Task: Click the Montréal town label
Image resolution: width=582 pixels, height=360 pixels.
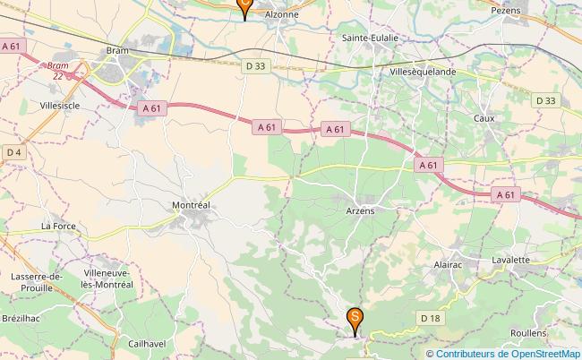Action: click(x=190, y=205)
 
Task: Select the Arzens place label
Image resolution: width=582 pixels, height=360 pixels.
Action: click(x=359, y=210)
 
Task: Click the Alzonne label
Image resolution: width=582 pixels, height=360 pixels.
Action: click(x=282, y=15)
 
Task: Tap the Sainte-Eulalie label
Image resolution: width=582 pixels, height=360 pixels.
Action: click(x=370, y=39)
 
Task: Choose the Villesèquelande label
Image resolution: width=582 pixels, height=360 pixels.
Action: click(x=424, y=71)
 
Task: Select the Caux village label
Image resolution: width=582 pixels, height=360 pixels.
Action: click(x=484, y=117)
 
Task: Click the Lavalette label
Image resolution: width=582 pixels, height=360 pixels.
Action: click(x=511, y=260)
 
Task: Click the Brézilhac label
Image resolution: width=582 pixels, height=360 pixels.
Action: click(x=21, y=318)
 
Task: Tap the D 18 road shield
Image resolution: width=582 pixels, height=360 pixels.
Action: click(x=431, y=317)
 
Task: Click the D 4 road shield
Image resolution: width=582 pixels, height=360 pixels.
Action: click(x=13, y=152)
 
